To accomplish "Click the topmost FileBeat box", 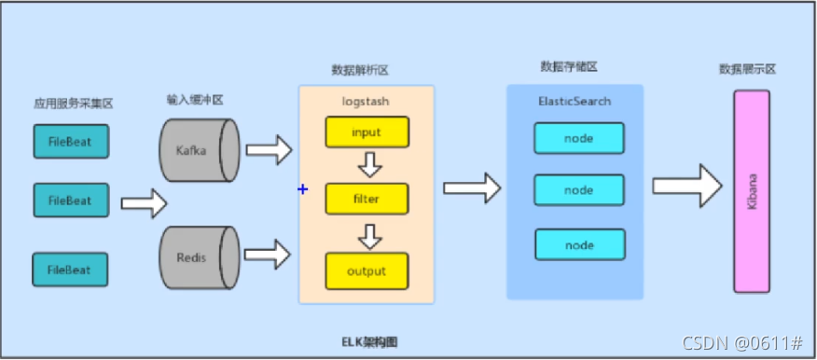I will [x=70, y=142].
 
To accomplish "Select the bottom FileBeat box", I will [x=70, y=270].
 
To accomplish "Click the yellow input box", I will [x=367, y=132].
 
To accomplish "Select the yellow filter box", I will [x=367, y=200].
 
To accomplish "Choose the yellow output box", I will [x=367, y=271].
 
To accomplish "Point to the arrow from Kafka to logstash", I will [x=270, y=147].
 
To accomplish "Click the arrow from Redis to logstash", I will [x=270, y=253].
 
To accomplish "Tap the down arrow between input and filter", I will [x=370, y=166].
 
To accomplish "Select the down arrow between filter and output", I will [x=370, y=236].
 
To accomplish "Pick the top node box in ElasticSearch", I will [x=578, y=138].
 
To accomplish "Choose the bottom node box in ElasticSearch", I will [x=578, y=244].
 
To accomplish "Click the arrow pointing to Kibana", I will [x=687, y=185].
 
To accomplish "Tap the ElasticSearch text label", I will [x=575, y=100].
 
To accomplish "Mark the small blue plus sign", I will [x=302, y=189].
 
